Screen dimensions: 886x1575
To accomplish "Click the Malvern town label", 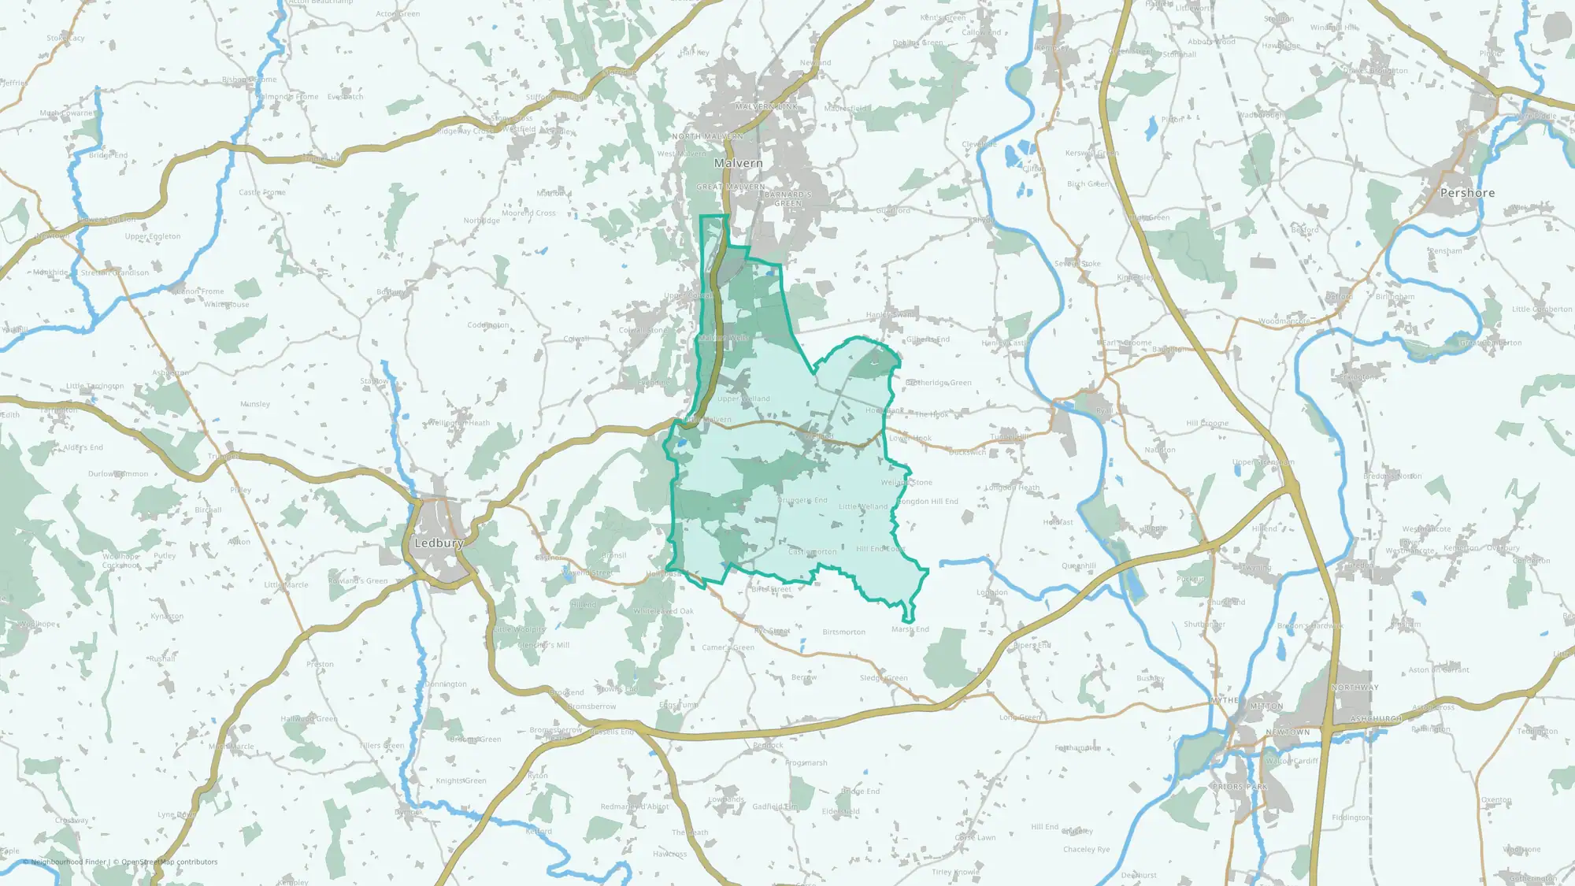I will tap(738, 163).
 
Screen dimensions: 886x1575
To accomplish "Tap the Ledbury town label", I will tap(439, 543).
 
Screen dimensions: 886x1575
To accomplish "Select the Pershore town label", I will tap(1467, 193).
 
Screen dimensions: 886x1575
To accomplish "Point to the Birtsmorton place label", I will tap(843, 632).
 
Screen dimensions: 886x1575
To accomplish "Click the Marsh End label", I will tap(910, 629).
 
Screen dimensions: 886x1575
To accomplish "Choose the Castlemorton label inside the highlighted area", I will tap(812, 552).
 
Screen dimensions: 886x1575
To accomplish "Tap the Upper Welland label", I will tap(743, 399).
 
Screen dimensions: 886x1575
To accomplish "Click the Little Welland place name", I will tap(862, 506).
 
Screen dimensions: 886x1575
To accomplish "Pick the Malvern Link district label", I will tap(765, 106).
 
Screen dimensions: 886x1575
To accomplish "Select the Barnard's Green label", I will tap(787, 198).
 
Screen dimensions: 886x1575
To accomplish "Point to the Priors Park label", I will tap(1240, 787).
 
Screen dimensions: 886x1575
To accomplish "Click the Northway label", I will tap(1354, 688).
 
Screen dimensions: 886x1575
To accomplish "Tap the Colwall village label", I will tap(576, 339).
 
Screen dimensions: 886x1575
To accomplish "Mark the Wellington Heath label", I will tap(458, 423).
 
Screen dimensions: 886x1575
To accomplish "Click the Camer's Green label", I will tap(728, 647).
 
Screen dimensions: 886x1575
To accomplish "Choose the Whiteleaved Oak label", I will tap(663, 611).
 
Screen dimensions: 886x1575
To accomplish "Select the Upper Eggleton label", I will tap(152, 236).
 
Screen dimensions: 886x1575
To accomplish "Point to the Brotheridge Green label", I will tap(938, 383).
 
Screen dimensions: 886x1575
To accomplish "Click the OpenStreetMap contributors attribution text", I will tap(169, 862).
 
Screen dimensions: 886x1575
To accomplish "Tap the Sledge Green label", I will tap(884, 677).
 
